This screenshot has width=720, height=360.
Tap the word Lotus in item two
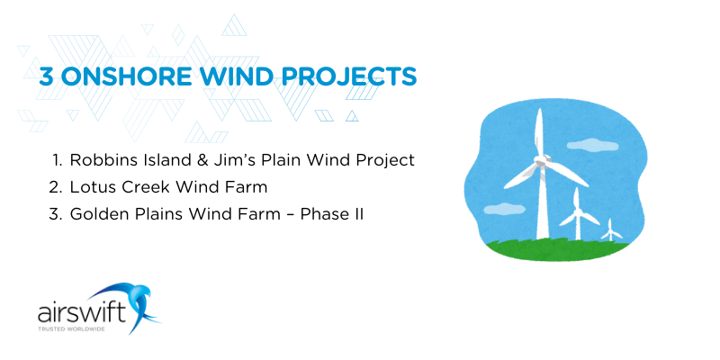pyautogui.click(x=91, y=188)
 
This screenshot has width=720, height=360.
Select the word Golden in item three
pyautogui.click(x=97, y=216)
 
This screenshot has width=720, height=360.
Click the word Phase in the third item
pyautogui.click(x=321, y=216)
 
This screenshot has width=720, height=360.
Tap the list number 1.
pyautogui.click(x=55, y=160)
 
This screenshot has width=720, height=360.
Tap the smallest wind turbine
pyautogui.click(x=612, y=229)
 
